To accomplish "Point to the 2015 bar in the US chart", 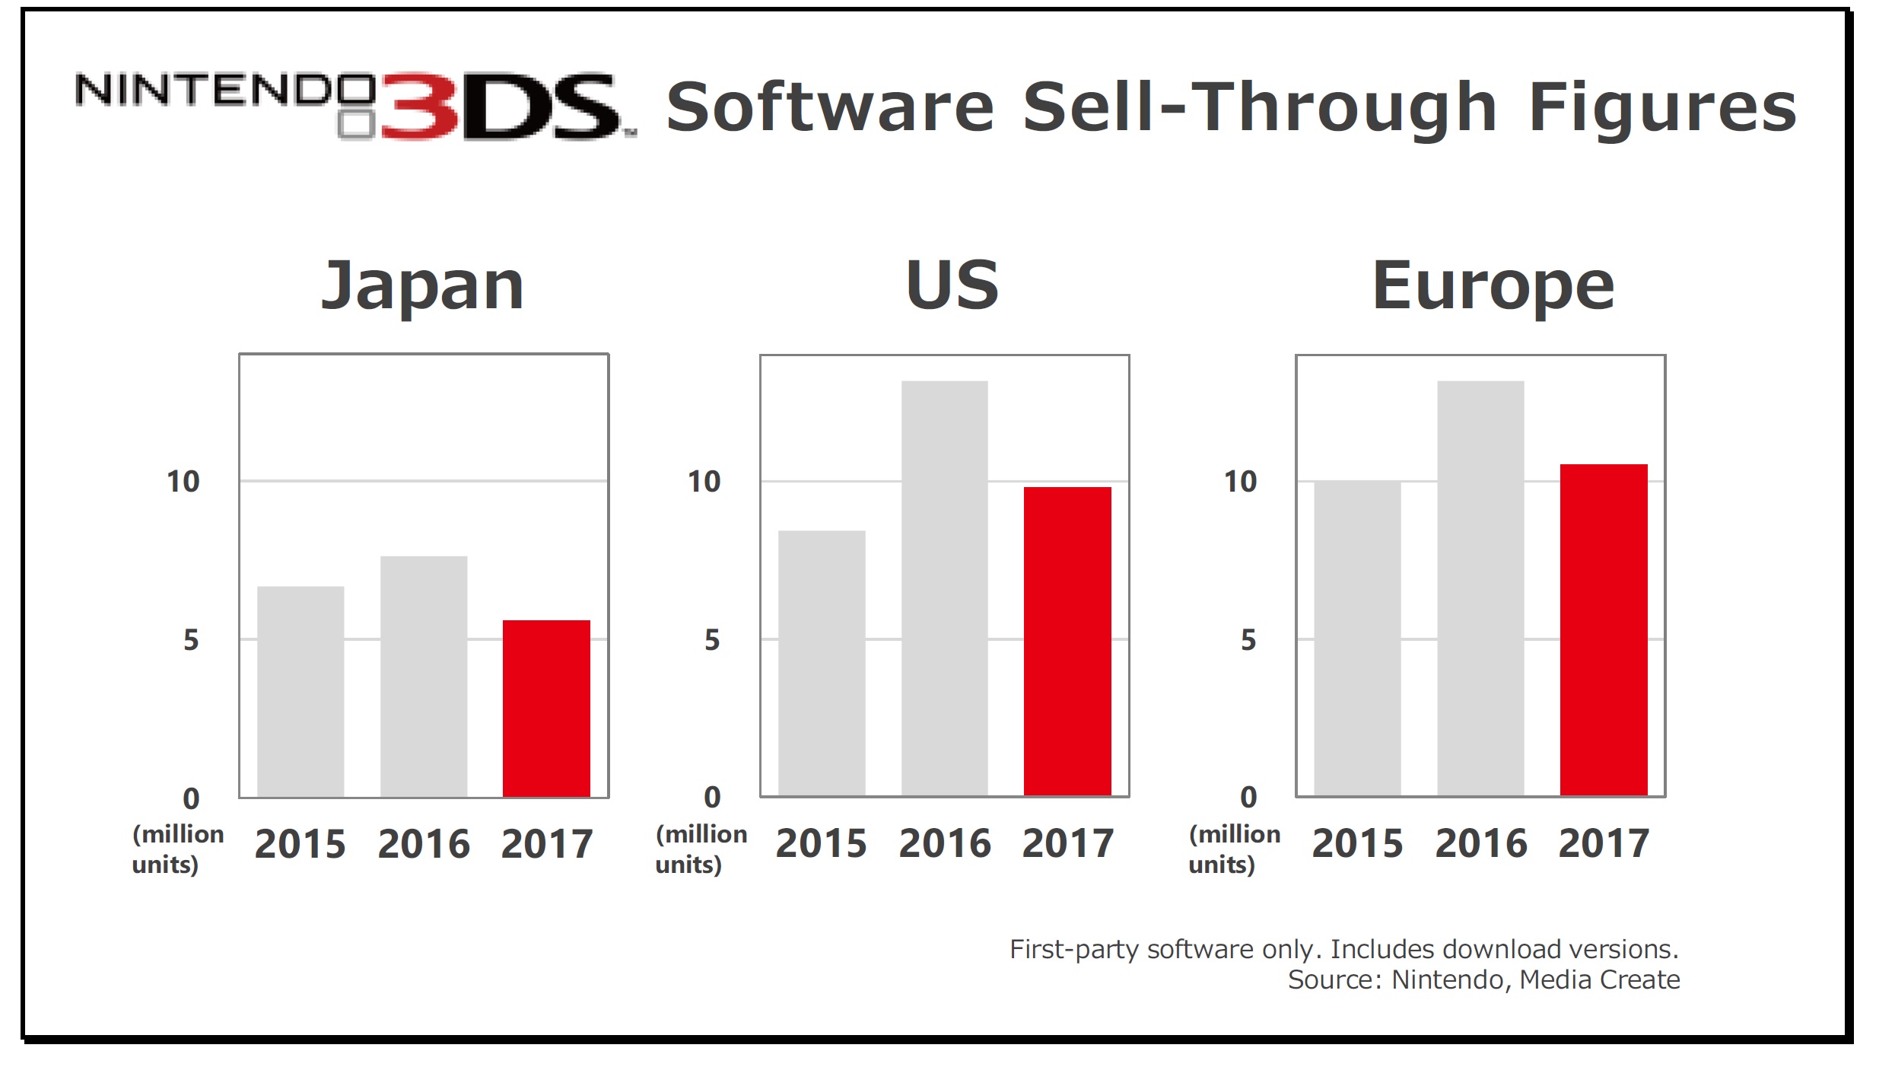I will [x=822, y=663].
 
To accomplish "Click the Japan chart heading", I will [x=423, y=286].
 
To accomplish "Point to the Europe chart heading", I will [x=1493, y=286].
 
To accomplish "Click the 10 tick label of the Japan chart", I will [x=183, y=482].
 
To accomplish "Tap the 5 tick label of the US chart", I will [x=711, y=640].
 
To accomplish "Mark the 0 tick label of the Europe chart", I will [x=1248, y=797].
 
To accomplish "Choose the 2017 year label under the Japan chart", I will [x=546, y=844].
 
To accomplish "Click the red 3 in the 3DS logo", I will [x=419, y=107].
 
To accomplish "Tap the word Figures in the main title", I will [x=1662, y=108].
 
